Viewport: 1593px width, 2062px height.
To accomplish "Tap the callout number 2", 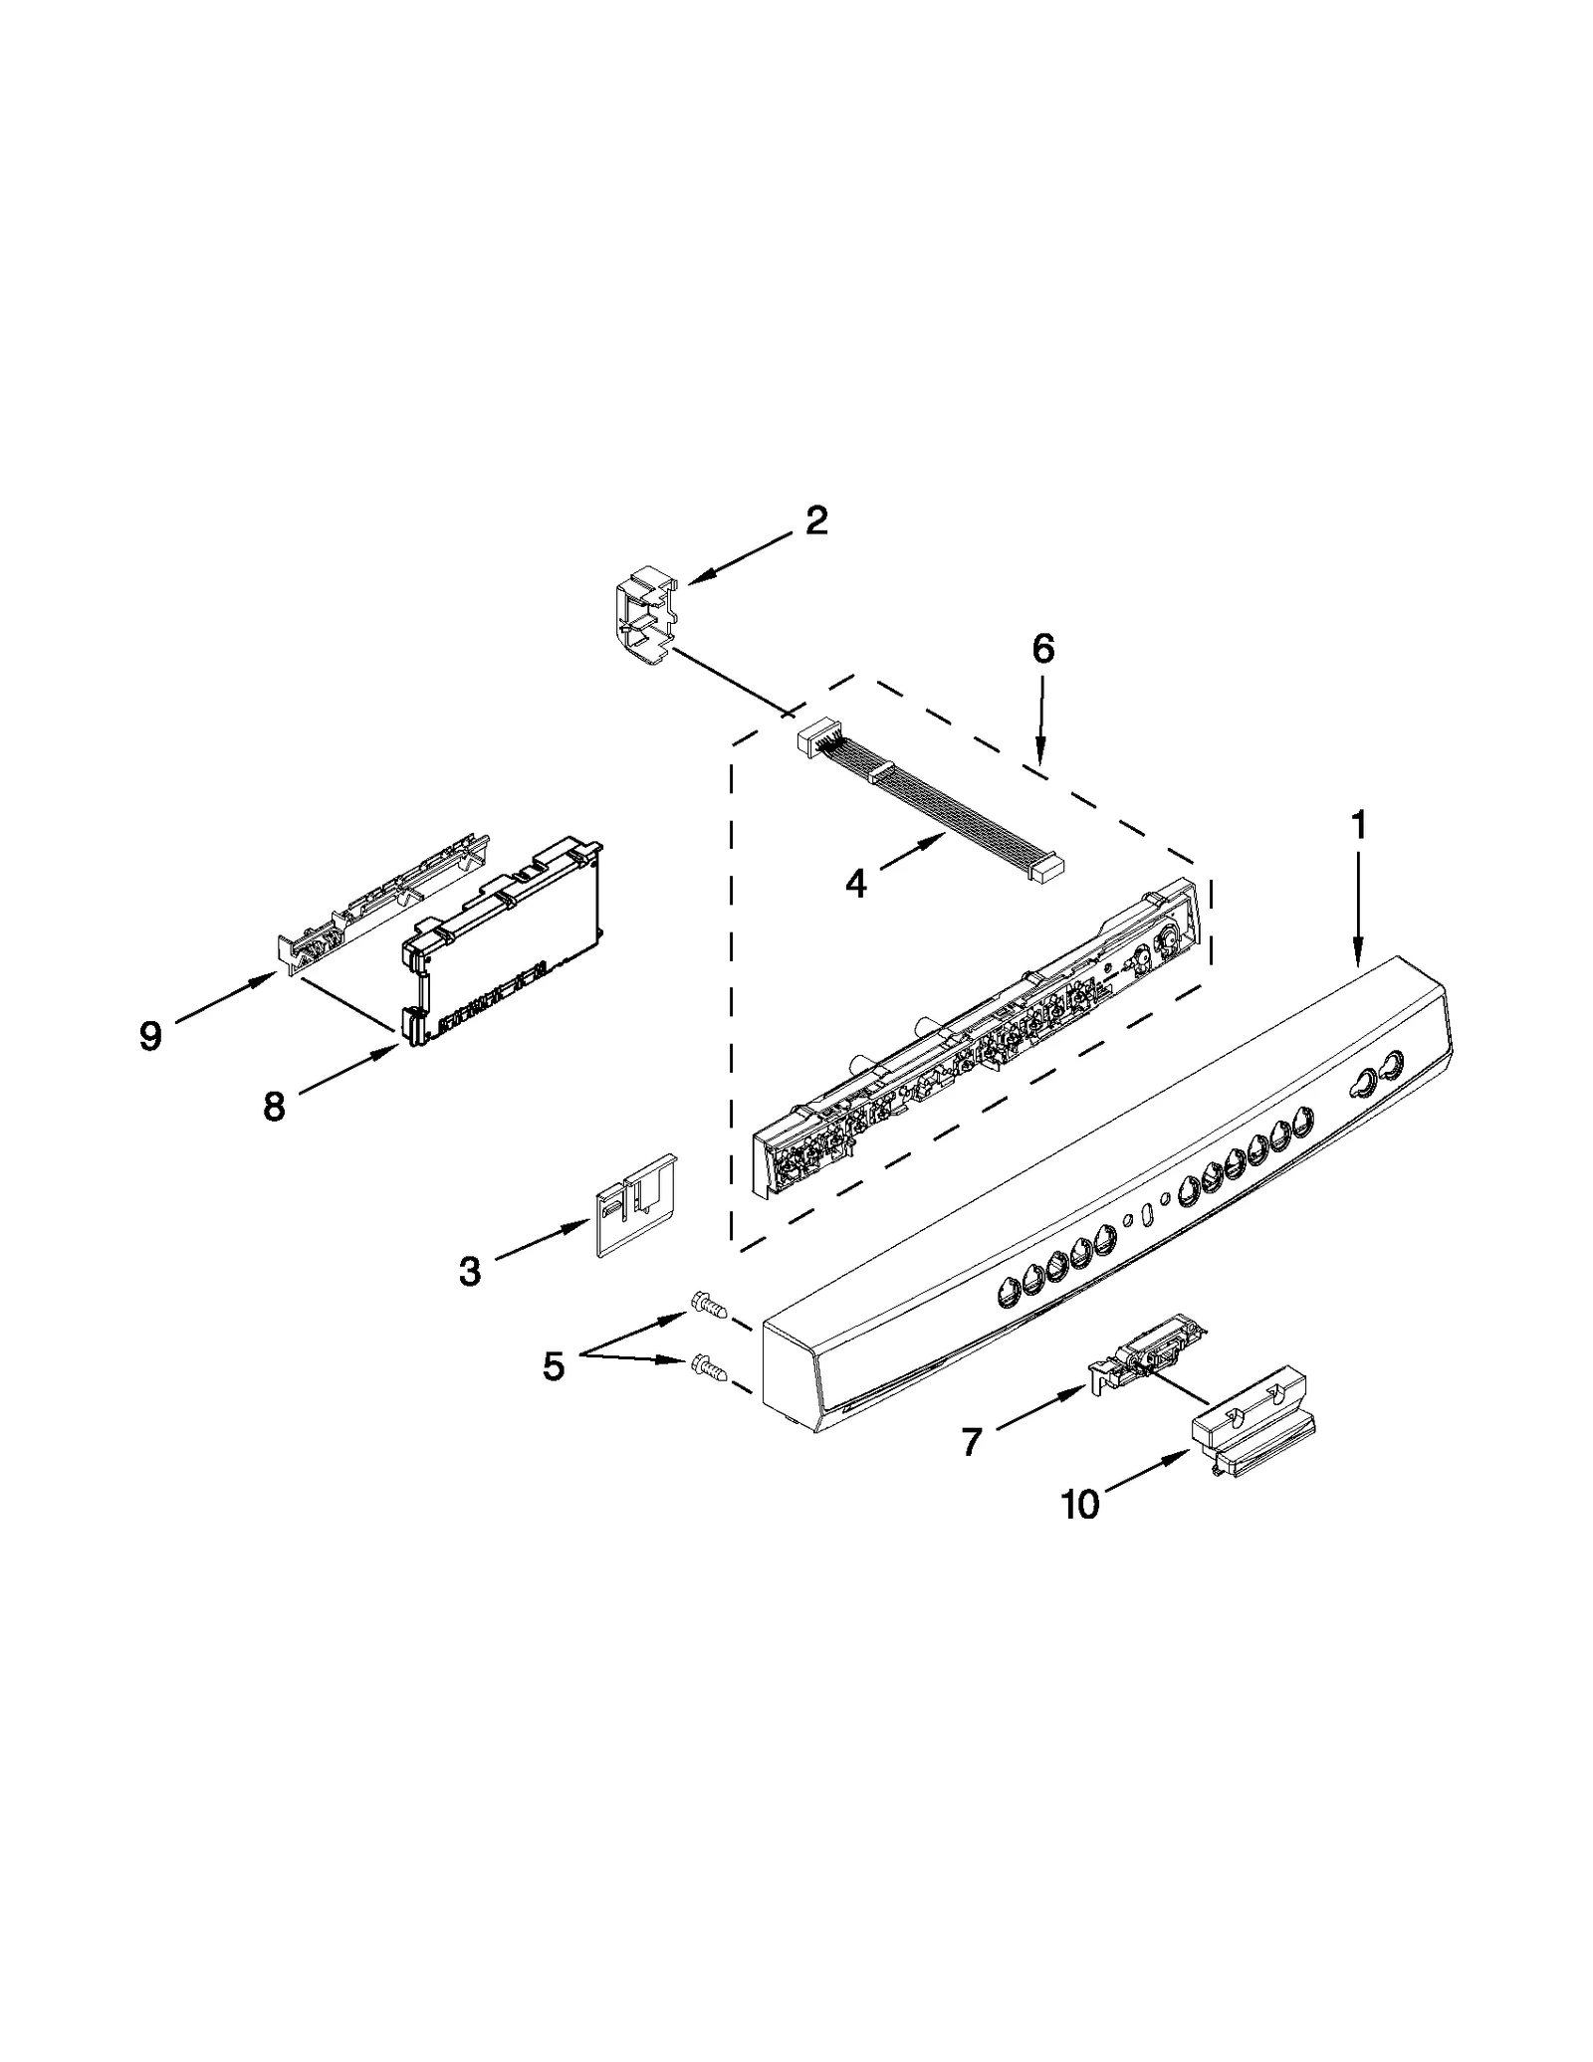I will tap(816, 520).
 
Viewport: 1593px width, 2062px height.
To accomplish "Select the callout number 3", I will tap(469, 1271).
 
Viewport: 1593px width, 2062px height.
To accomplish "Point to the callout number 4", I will tap(855, 882).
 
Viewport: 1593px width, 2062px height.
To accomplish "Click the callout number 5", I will tap(553, 1366).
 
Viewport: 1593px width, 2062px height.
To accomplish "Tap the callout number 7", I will tap(971, 1440).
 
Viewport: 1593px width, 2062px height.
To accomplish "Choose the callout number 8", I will tap(274, 1106).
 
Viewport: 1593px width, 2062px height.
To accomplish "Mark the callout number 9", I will tap(149, 1036).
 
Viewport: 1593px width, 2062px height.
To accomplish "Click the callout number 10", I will tap(1080, 1504).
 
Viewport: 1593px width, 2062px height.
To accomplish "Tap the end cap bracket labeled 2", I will tap(644, 622).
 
